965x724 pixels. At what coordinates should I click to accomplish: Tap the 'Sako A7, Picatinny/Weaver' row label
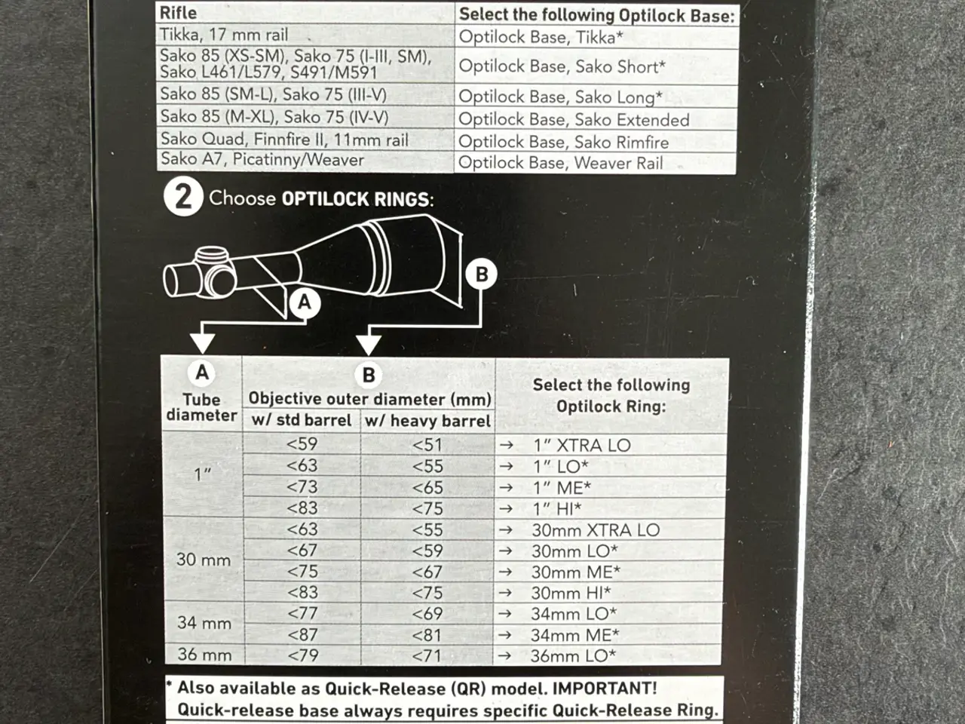[x=262, y=159]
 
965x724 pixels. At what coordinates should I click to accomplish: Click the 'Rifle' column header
[x=178, y=13]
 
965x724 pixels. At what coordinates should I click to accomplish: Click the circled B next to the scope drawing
[x=482, y=274]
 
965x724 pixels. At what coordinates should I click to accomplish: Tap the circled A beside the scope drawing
[x=305, y=302]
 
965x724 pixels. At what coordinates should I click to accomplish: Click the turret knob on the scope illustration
[x=212, y=254]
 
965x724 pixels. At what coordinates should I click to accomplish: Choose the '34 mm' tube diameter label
[x=204, y=623]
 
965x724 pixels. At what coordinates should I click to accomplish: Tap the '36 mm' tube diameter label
[x=204, y=655]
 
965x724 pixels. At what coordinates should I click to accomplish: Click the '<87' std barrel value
[x=302, y=635]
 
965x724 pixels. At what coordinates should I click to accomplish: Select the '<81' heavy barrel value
[x=427, y=635]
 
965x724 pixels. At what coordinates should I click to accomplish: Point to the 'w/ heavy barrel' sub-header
[x=427, y=421]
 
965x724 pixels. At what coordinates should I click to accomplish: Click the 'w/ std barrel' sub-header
[x=302, y=420]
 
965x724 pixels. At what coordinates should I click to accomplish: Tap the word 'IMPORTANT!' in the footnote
[x=605, y=688]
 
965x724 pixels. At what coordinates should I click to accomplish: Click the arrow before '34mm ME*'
[x=506, y=635]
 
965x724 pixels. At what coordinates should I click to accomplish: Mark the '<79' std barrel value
[x=303, y=655]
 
